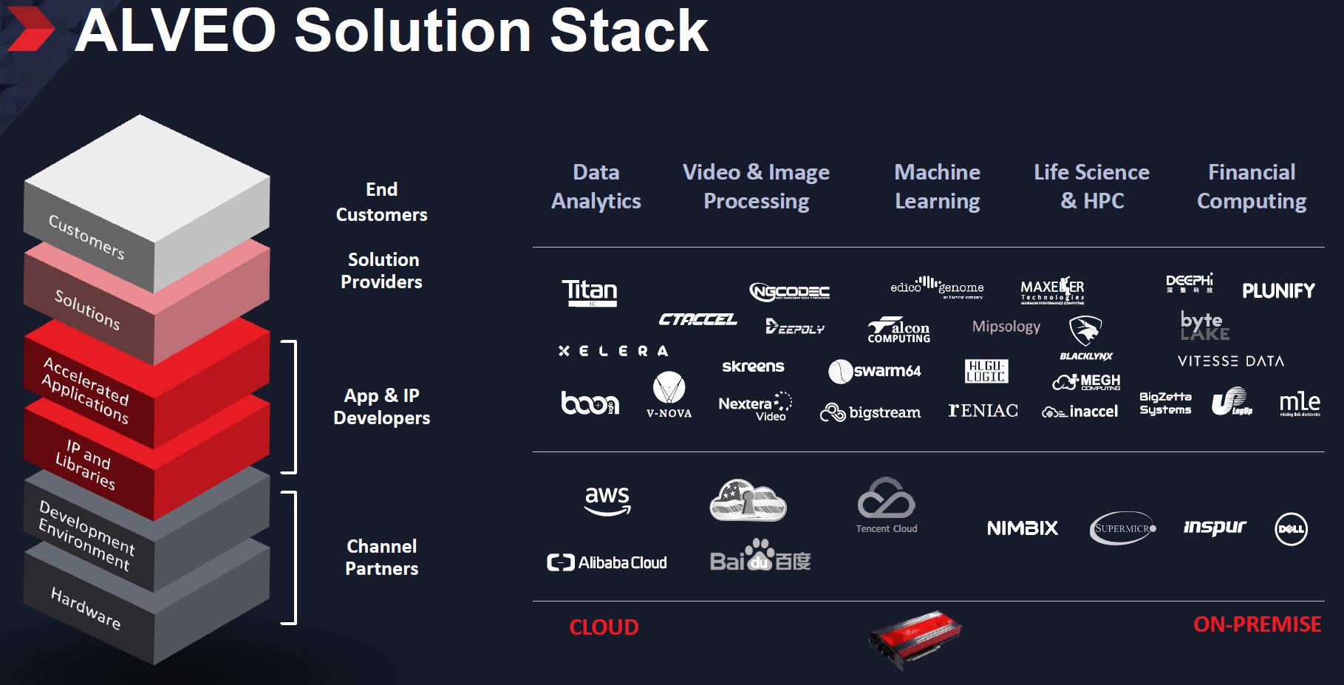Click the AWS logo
coord(607,500)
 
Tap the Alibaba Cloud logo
coord(607,563)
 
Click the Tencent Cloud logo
coord(886,505)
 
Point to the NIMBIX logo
coord(1023,528)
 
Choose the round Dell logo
coord(1291,529)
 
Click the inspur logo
coord(1214,528)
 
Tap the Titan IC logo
coord(589,292)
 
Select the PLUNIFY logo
coord(1278,290)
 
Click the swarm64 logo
coord(875,371)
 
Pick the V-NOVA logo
coord(669,395)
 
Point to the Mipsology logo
coord(1006,327)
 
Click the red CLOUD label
coord(604,627)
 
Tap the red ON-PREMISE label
coord(1257,624)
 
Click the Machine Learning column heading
coord(937,186)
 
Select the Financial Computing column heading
coord(1251,186)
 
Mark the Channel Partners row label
coord(382,557)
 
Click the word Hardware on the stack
coord(86,607)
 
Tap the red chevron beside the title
coord(30,31)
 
